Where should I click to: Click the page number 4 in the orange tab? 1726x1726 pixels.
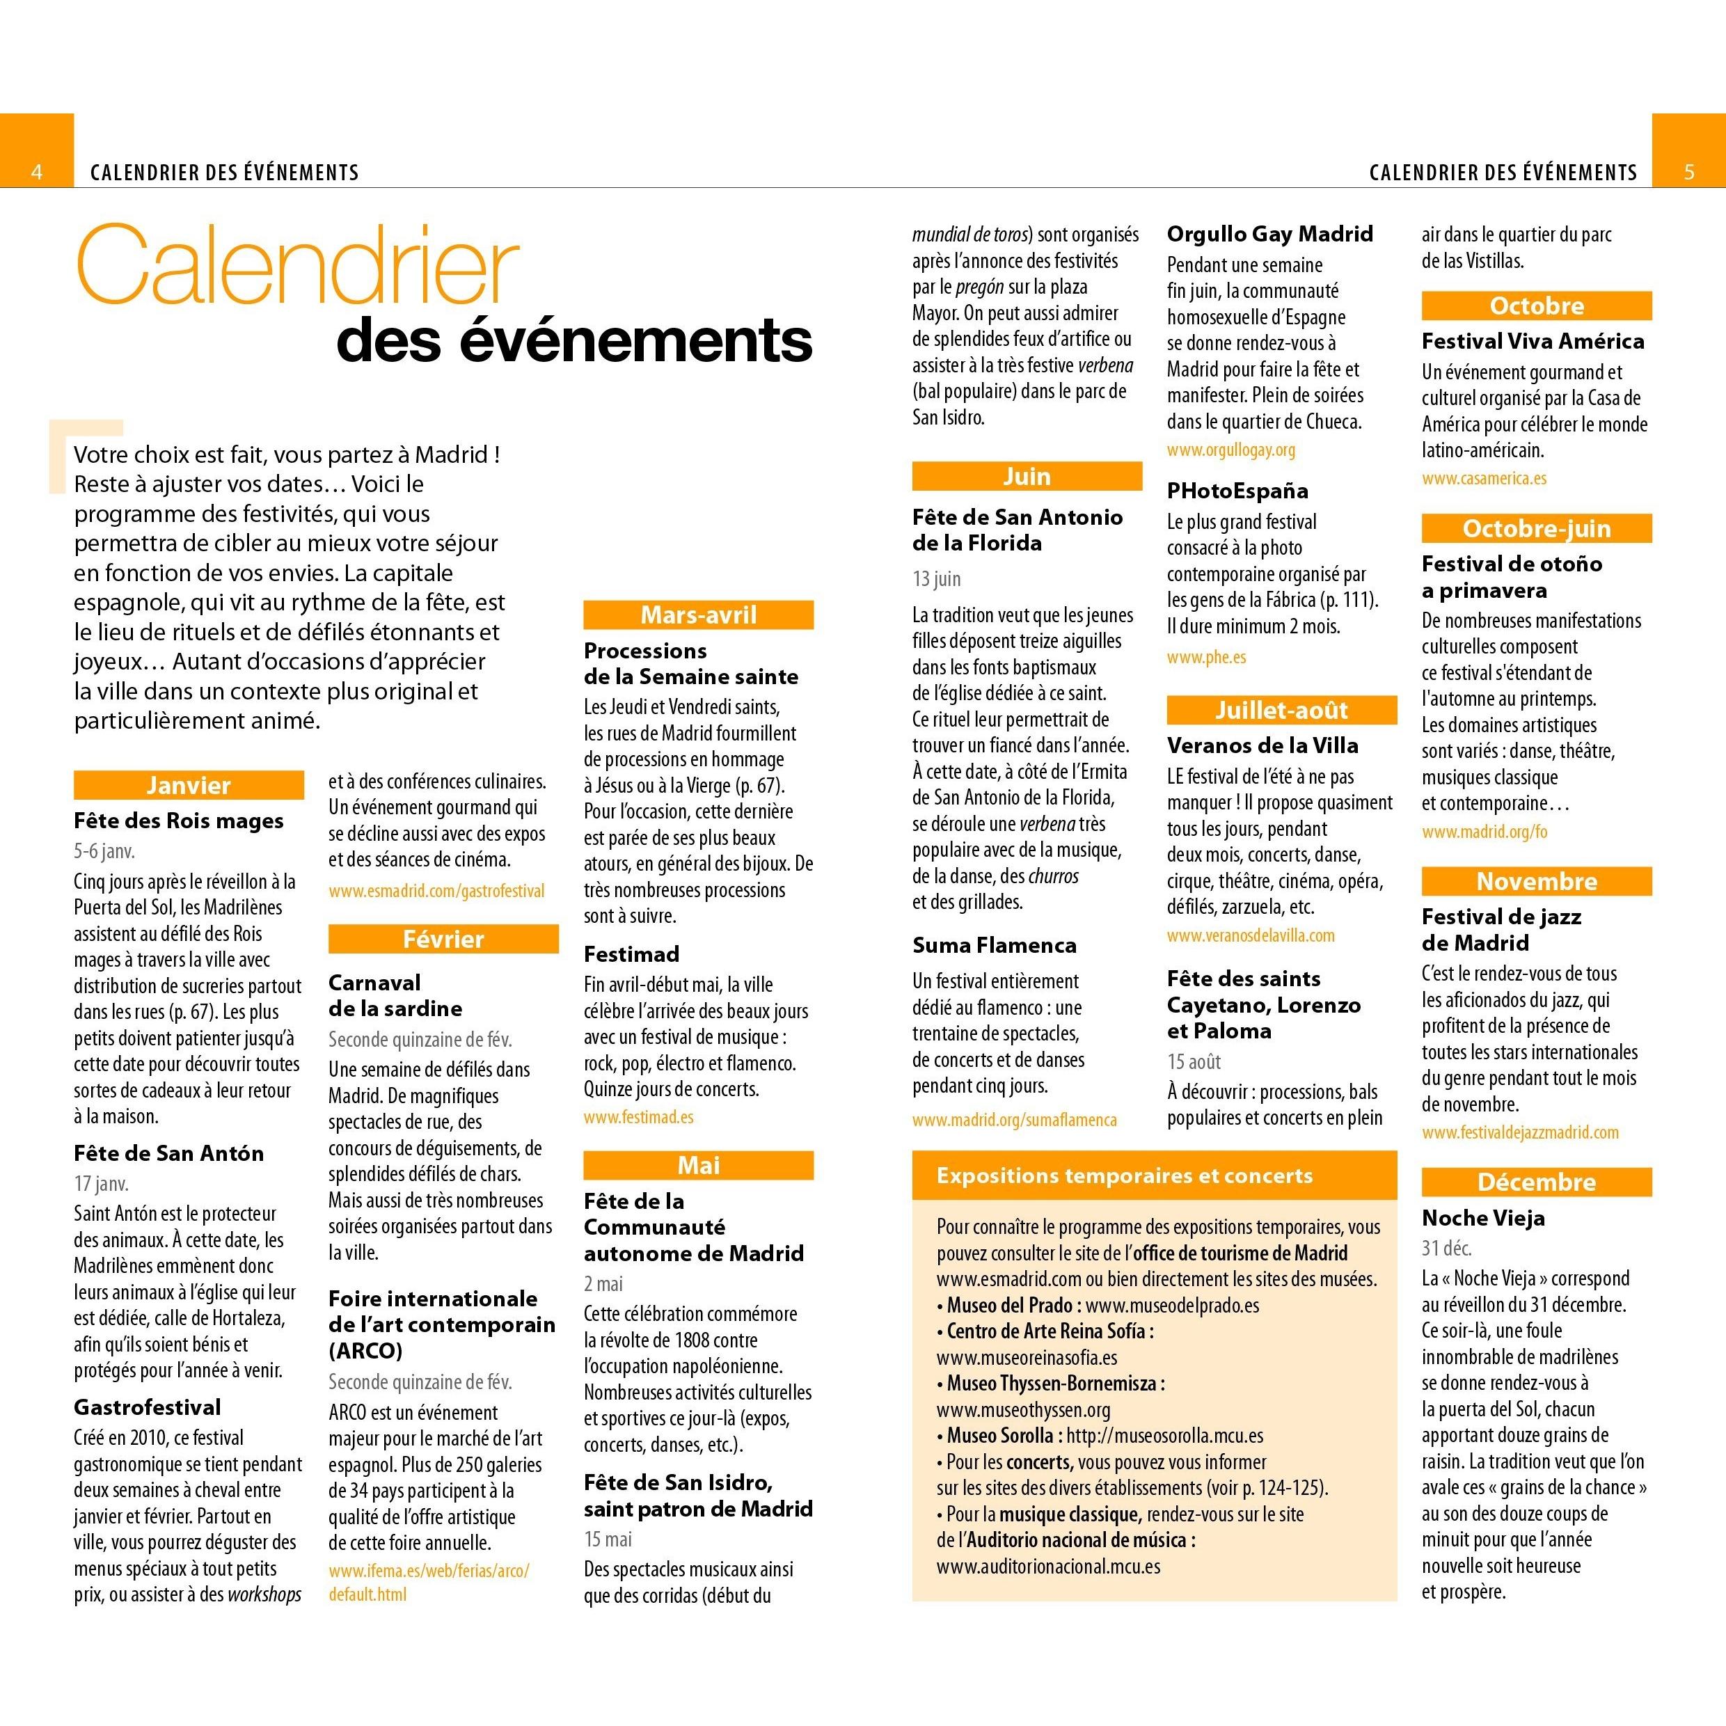coord(37,171)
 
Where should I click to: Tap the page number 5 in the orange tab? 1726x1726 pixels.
coord(1688,171)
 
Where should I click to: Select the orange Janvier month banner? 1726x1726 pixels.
coord(189,785)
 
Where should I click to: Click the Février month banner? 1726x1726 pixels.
coord(443,939)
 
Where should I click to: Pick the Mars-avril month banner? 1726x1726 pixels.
coord(698,615)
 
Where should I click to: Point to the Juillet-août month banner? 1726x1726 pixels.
coord(1281,710)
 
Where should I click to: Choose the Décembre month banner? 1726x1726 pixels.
coord(1536,1182)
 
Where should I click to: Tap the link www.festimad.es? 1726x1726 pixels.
coord(638,1117)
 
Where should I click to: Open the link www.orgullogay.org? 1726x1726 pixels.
coord(1230,450)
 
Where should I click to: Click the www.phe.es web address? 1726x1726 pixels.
coord(1205,656)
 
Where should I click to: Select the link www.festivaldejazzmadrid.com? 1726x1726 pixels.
coord(1519,1132)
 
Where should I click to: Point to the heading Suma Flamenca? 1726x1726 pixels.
coord(993,945)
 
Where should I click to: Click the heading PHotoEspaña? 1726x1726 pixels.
coord(1237,491)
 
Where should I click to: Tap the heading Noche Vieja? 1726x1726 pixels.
coord(1483,1218)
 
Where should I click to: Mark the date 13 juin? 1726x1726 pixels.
coord(936,578)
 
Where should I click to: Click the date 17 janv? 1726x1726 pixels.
coord(101,1184)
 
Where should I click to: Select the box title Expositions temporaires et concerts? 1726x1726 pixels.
coord(1124,1175)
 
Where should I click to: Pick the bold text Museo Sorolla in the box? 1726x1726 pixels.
coord(999,1436)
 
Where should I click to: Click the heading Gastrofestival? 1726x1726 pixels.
coord(148,1407)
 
